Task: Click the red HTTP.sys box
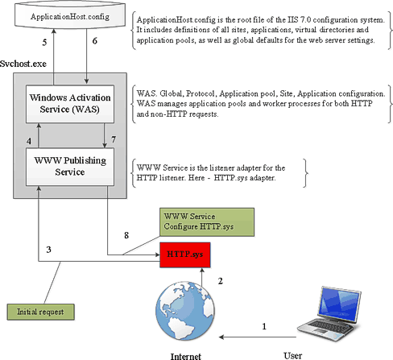(x=185, y=254)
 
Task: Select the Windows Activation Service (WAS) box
(x=70, y=104)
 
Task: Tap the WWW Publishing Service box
(x=70, y=167)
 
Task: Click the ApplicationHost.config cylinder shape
(x=70, y=14)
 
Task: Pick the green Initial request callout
(x=40, y=312)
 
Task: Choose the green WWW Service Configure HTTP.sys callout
(x=207, y=222)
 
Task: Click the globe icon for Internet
(x=185, y=311)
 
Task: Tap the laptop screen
(x=340, y=304)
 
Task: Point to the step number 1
(x=264, y=326)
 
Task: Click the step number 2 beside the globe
(x=221, y=281)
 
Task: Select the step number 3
(x=48, y=250)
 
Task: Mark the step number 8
(x=126, y=235)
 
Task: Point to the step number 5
(x=44, y=43)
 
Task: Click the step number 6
(x=94, y=41)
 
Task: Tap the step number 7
(x=114, y=139)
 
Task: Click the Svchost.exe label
(x=23, y=64)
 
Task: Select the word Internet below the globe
(x=186, y=356)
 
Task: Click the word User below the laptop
(x=293, y=356)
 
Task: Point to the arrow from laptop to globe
(x=258, y=337)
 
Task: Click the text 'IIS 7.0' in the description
(x=299, y=20)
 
